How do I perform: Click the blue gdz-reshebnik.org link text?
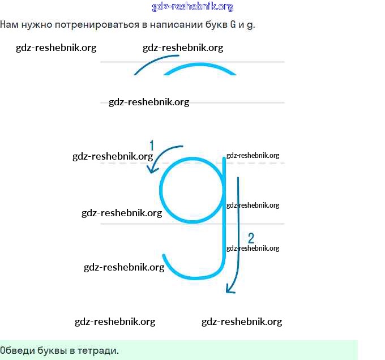192,7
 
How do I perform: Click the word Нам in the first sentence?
9,25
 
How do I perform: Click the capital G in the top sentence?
233,25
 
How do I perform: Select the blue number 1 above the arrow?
152,145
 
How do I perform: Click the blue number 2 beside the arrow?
251,238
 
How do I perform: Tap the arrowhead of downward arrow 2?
229,291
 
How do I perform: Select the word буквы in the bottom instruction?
53,350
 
